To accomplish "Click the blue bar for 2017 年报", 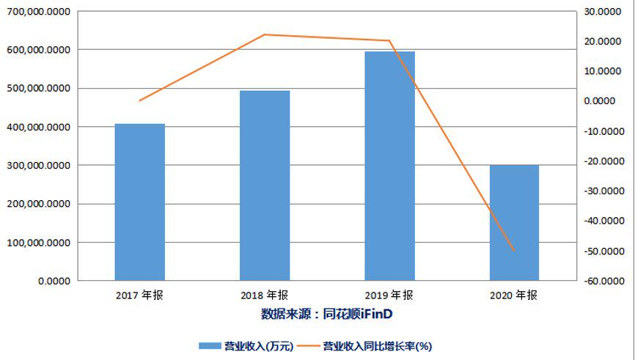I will [139, 202].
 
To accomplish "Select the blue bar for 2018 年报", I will [265, 185].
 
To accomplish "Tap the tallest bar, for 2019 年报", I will [389, 166].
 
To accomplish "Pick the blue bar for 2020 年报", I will [514, 222].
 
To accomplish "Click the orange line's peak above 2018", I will [265, 34].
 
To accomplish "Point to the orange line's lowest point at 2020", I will [514, 251].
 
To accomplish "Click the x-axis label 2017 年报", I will [140, 295].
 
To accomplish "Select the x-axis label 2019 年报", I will [389, 295].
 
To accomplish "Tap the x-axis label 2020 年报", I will [514, 295].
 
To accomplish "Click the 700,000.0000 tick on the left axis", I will [37, 12].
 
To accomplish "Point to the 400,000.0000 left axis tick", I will [37, 127].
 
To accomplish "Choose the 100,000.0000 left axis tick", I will [37, 243].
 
